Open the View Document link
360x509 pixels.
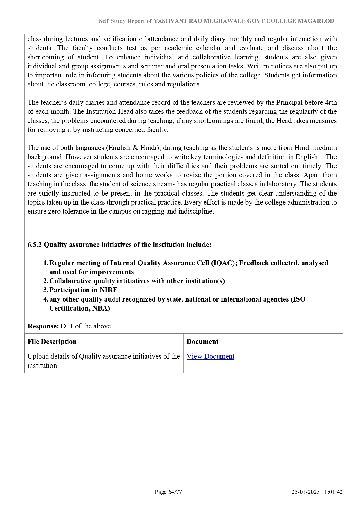tap(210, 356)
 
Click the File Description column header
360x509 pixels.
tap(52, 342)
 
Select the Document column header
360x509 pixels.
tap(202, 342)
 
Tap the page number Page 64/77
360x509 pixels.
tap(168, 492)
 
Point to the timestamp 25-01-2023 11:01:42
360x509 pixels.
tap(317, 492)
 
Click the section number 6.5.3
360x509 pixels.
tap(35, 245)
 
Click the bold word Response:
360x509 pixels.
tap(43, 326)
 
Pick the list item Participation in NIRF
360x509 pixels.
tap(83, 290)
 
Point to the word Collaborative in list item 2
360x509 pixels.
tap(70, 281)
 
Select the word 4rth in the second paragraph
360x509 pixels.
tap(331, 102)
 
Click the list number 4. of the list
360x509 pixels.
tap(46, 299)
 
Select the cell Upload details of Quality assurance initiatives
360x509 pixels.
tap(104, 361)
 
